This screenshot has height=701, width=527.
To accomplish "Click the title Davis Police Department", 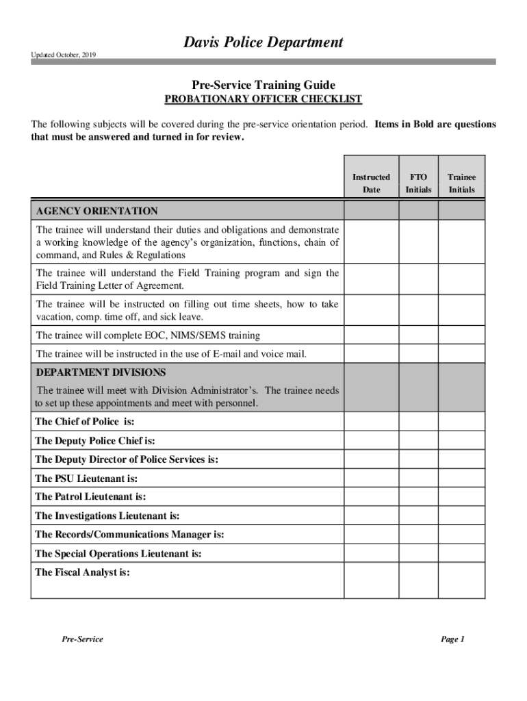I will (263, 43).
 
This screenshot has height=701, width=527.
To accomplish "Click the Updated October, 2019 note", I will (63, 55).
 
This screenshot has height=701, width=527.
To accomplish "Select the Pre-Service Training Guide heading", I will (263, 85).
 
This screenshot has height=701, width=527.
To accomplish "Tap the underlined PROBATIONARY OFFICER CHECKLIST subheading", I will (263, 100).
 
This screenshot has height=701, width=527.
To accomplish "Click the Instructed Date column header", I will (371, 183).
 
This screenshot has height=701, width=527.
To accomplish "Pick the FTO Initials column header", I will (418, 183).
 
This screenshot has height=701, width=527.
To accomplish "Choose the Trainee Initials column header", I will (462, 183).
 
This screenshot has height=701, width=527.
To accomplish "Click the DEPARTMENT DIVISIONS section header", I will (101, 372).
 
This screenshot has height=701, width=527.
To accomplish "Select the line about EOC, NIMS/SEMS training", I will (148, 335).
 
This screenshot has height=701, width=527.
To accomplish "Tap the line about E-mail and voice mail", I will (171, 354).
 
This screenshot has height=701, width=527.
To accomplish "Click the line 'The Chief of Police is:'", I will (84, 422).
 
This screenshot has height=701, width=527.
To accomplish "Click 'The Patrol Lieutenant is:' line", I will (90, 497).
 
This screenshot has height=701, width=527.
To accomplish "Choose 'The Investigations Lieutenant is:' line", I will (107, 515).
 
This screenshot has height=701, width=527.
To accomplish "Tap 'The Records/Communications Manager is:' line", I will (129, 534).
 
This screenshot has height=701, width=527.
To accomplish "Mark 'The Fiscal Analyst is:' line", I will (82, 572).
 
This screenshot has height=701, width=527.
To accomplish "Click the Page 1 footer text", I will (453, 639).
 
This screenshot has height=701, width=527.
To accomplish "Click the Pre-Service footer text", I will (82, 639).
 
